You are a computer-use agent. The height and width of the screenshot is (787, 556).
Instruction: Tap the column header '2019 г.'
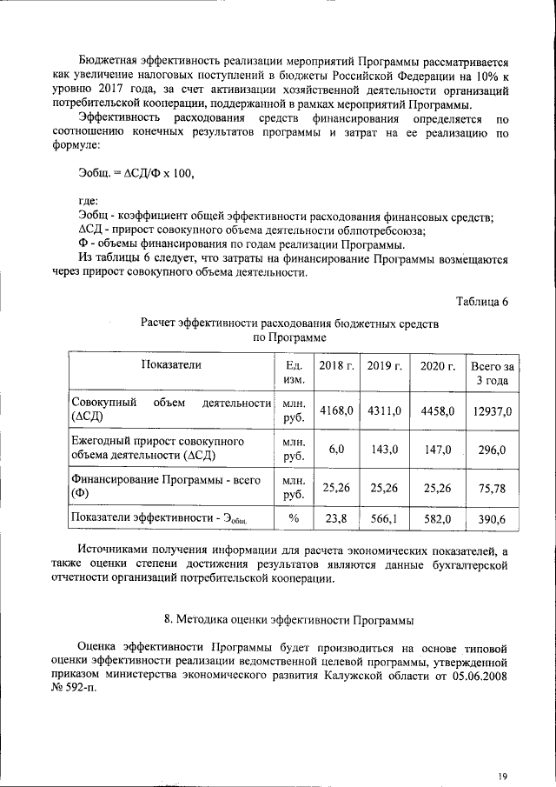(385, 366)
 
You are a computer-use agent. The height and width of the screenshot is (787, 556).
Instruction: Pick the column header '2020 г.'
(438, 366)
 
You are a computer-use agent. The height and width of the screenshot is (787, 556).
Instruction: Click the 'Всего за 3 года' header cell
(493, 373)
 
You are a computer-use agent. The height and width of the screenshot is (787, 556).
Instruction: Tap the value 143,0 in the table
(385, 449)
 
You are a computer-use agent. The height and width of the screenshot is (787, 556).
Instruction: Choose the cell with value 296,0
(492, 449)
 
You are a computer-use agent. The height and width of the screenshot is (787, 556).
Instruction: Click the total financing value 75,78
(492, 488)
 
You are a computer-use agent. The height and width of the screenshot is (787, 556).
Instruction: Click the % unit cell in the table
(294, 519)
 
